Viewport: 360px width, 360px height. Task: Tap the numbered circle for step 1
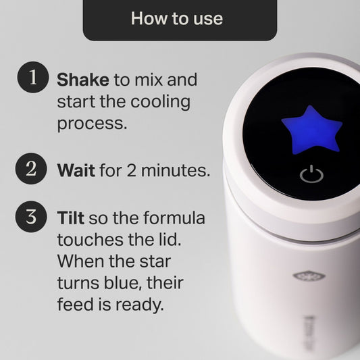pyautogui.click(x=30, y=79)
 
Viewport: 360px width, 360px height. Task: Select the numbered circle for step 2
pyautogui.click(x=30, y=168)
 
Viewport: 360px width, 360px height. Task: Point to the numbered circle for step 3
pyautogui.click(x=30, y=218)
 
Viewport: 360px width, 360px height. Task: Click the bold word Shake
pyautogui.click(x=83, y=80)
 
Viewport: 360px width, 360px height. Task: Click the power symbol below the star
pyautogui.click(x=308, y=176)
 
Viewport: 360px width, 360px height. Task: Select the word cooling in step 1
pyautogui.click(x=161, y=102)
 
